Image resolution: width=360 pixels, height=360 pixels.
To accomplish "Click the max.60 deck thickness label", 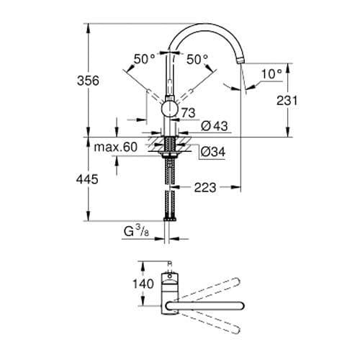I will tap(115, 148).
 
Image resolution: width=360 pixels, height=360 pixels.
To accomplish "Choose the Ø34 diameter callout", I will tap(213, 152).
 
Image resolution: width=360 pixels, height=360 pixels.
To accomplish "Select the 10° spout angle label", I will tap(271, 73).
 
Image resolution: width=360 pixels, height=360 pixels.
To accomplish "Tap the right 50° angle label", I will tap(197, 60).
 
